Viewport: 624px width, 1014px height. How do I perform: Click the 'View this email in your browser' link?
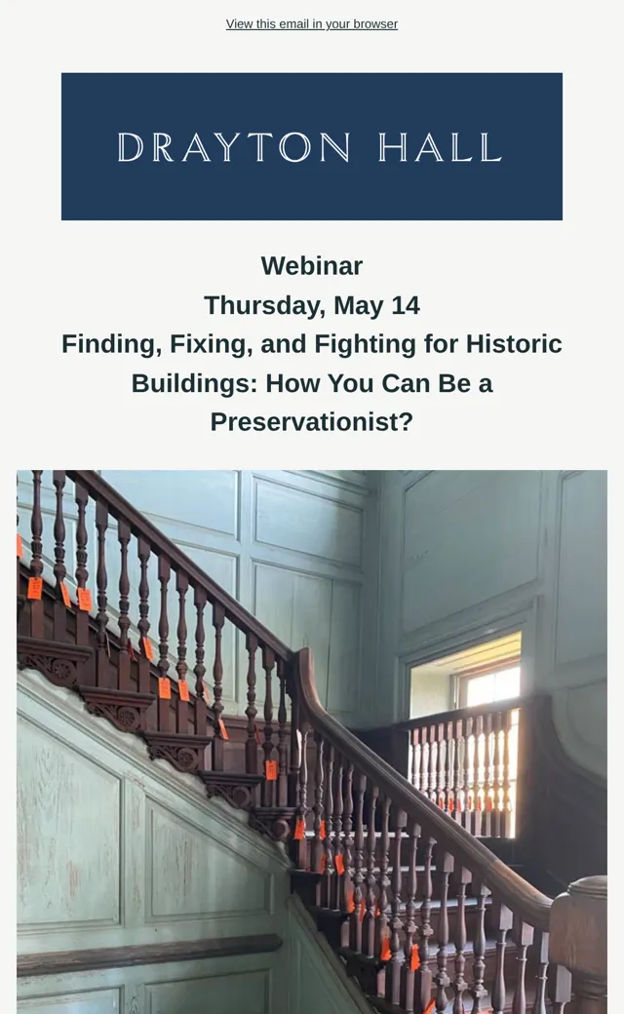[312, 24]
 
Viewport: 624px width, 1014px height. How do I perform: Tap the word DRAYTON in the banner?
[234, 147]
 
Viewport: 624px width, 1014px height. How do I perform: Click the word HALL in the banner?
[440, 147]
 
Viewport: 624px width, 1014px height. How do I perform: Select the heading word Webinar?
[312, 266]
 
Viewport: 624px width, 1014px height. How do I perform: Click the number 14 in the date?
[406, 305]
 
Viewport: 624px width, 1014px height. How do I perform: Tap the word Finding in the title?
[111, 345]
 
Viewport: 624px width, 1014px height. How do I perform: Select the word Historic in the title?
[514, 344]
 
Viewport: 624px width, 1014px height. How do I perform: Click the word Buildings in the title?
[195, 383]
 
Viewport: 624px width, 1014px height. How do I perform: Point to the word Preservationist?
[312, 421]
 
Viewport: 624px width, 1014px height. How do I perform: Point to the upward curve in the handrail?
[304, 679]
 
